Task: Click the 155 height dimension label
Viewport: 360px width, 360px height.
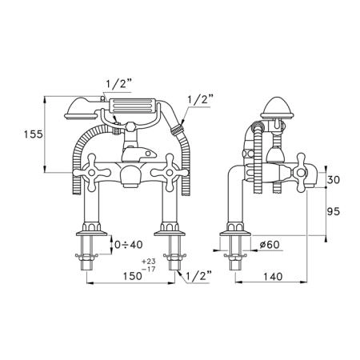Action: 34,134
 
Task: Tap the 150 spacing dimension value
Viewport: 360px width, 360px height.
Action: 132,276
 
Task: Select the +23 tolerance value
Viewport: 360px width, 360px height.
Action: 149,261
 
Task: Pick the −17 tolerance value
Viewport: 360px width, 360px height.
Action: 149,270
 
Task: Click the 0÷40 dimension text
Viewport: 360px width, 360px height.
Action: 129,245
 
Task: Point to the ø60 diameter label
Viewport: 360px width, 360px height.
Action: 270,245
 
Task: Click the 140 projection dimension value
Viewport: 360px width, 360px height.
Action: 273,277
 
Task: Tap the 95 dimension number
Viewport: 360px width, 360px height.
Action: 334,211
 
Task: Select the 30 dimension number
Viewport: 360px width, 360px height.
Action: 334,179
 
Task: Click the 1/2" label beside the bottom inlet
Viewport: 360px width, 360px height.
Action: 199,277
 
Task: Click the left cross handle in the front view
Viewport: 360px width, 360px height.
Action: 92,173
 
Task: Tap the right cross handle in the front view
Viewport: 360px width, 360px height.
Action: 170,173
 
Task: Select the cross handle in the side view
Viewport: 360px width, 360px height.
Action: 301,173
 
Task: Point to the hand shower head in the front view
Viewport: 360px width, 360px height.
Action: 81,109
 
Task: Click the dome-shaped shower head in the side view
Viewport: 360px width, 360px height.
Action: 277,108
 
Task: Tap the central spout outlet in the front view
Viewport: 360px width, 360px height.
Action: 130,178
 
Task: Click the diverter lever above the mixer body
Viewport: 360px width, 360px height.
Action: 138,154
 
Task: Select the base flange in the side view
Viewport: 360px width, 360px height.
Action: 235,234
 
